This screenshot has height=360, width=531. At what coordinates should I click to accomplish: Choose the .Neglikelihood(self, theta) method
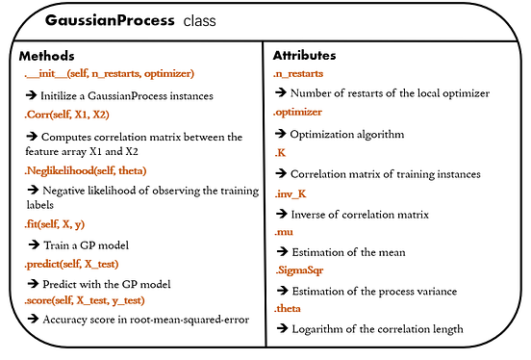point(92,169)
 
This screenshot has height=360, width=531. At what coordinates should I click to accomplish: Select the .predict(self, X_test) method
point(81,262)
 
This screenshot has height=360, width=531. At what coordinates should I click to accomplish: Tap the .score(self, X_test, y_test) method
point(98,301)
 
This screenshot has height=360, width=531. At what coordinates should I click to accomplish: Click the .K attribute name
point(281,151)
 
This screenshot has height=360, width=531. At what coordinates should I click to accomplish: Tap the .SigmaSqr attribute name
point(299,270)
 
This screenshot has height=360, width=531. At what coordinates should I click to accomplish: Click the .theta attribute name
point(290,309)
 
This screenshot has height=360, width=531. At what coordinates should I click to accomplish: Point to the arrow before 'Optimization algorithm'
point(281,133)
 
